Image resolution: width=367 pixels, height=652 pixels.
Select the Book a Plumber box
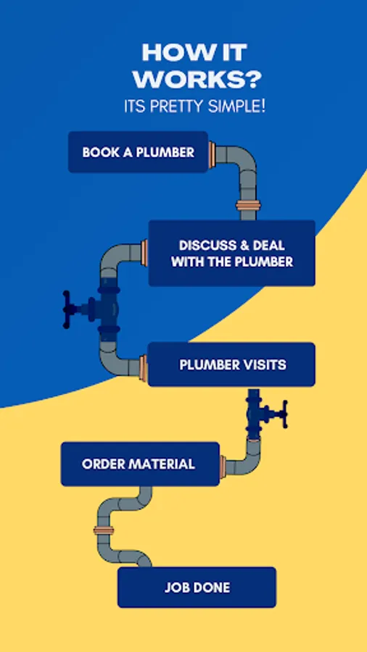pyautogui.click(x=138, y=152)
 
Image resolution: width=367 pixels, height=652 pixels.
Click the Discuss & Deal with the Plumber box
pyautogui.click(x=232, y=254)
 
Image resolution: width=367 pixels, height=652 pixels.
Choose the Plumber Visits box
pyautogui.click(x=232, y=364)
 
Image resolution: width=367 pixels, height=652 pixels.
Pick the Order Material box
pyautogui.click(x=140, y=464)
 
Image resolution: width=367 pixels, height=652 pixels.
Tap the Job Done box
pyautogui.click(x=197, y=587)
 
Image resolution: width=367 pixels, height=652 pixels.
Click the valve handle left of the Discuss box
pyautogui.click(x=67, y=310)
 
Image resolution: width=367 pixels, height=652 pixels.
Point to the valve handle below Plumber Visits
pyautogui.click(x=284, y=414)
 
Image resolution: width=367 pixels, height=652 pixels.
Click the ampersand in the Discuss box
pyautogui.click(x=244, y=246)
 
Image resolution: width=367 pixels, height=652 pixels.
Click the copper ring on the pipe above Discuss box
pyautogui.click(x=248, y=205)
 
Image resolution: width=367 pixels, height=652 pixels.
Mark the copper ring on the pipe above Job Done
pyautogui.click(x=104, y=530)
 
